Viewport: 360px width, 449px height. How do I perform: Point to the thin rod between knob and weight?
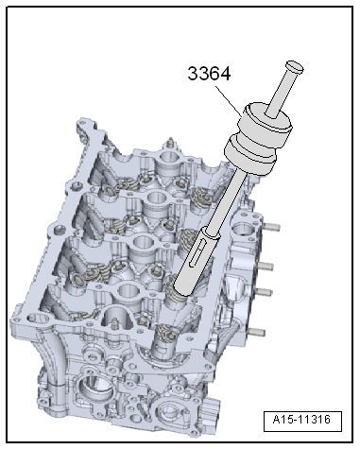(281, 91)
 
